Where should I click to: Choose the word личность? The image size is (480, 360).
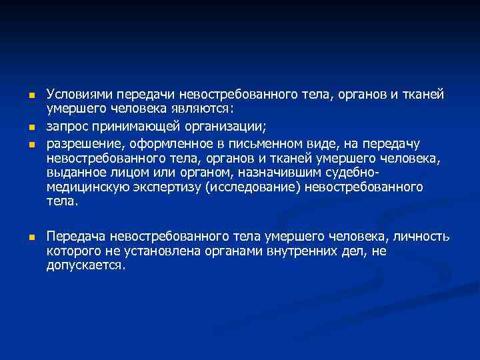click(421, 237)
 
